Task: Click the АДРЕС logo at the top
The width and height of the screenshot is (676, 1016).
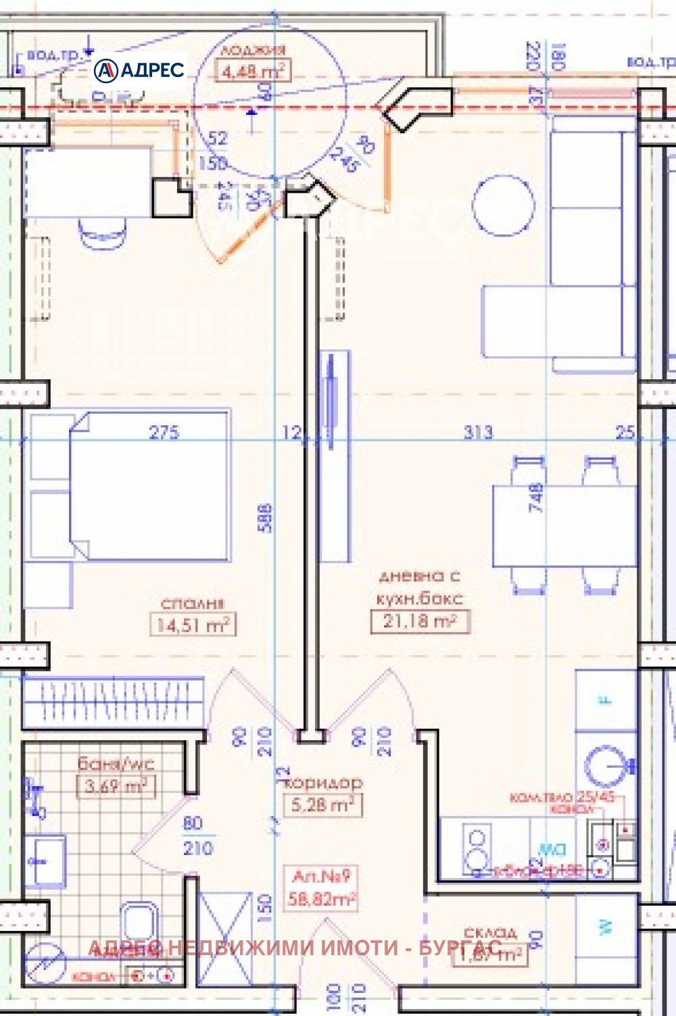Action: (x=139, y=70)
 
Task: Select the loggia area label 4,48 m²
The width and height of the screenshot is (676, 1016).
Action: (x=253, y=70)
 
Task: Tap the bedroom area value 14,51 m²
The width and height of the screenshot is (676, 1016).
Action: (x=193, y=625)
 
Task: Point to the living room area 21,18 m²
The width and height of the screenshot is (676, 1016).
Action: (x=419, y=621)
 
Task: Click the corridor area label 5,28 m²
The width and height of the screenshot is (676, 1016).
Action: (x=322, y=804)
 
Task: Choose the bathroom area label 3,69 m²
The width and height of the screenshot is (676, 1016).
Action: (x=116, y=786)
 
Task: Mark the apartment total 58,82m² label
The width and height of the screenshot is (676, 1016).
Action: (x=321, y=898)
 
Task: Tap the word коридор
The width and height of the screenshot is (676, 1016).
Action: (x=324, y=783)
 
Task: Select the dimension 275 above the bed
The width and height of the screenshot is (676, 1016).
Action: (x=164, y=432)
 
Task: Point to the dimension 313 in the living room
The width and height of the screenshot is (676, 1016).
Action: (x=478, y=432)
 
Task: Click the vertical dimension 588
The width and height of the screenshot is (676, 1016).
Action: (x=266, y=518)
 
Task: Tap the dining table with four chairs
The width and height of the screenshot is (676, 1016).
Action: (x=564, y=525)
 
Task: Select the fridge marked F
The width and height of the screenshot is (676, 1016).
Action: (x=606, y=700)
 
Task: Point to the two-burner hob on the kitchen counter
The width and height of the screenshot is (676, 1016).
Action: (x=477, y=849)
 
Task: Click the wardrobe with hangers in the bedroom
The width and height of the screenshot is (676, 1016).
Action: (x=113, y=700)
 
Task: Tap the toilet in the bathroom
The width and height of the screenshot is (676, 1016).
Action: (x=140, y=923)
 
